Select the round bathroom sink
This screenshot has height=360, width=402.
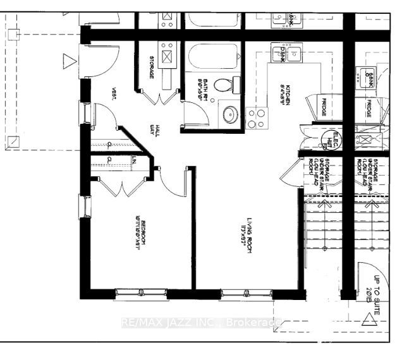click(x=229, y=114)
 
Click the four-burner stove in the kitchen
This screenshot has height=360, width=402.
click(x=256, y=117)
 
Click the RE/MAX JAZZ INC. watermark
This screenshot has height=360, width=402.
click(x=201, y=323)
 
